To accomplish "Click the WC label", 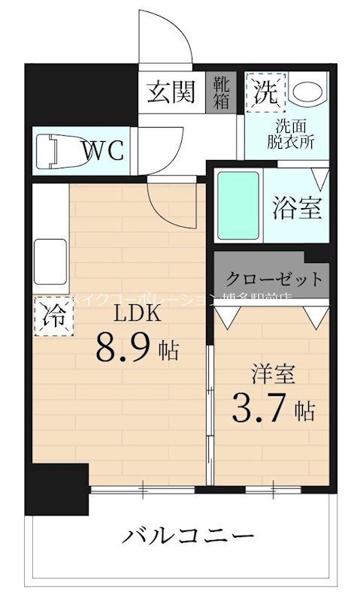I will pyautogui.click(x=102, y=150).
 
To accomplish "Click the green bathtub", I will pyautogui.click(x=238, y=204).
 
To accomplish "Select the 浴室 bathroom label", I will pyautogui.click(x=297, y=208).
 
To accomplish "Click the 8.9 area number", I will pyautogui.click(x=123, y=348).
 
